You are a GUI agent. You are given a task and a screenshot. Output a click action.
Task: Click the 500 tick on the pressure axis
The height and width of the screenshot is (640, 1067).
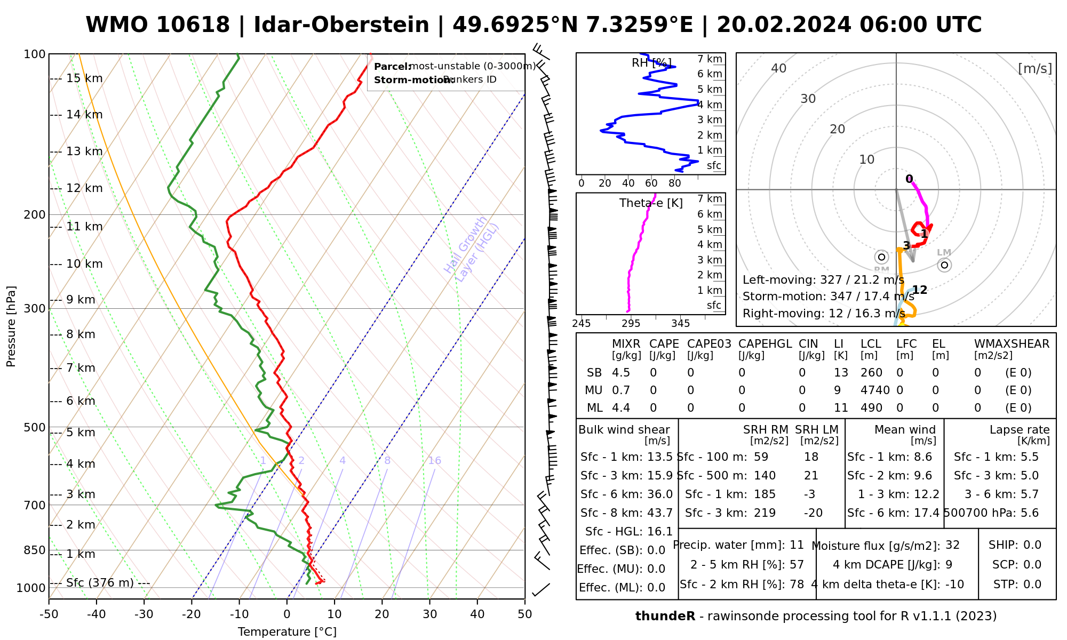coord(35,428)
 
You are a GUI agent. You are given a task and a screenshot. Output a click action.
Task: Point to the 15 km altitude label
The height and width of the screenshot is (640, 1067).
coord(84,78)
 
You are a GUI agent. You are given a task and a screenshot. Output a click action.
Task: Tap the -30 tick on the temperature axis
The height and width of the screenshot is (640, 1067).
coord(144,614)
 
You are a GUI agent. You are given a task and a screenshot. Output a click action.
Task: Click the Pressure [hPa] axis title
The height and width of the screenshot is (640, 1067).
coord(11,326)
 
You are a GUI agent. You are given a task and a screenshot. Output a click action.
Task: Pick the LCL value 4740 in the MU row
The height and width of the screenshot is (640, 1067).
coord(875,390)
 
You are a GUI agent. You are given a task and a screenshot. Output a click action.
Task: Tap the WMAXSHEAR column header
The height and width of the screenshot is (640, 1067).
coord(1012,344)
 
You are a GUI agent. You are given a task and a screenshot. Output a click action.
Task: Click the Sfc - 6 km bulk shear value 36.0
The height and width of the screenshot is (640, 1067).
coord(660,494)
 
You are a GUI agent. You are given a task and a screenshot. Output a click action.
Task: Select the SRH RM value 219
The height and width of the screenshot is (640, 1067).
coord(765,513)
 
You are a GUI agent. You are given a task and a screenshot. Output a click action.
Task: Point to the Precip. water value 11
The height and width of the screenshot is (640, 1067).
coord(797,545)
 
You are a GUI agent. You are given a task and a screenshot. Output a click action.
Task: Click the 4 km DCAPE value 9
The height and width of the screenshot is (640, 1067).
coord(949,565)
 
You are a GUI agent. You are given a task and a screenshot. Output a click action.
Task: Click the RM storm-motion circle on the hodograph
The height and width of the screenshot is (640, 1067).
coord(881,257)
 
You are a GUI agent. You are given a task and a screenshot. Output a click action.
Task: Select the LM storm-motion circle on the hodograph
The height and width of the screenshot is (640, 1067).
coord(944,265)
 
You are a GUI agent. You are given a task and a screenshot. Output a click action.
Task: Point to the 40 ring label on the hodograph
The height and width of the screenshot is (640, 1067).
coord(779,68)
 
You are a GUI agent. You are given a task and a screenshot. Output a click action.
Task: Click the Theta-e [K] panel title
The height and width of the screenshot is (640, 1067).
coord(651,203)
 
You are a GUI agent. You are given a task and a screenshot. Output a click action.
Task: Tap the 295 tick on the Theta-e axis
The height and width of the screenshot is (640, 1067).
coord(631,324)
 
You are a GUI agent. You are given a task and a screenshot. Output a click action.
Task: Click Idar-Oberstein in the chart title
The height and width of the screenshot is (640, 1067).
coord(341,25)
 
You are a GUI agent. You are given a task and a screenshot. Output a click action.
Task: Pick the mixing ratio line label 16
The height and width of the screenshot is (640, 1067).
coord(434,461)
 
